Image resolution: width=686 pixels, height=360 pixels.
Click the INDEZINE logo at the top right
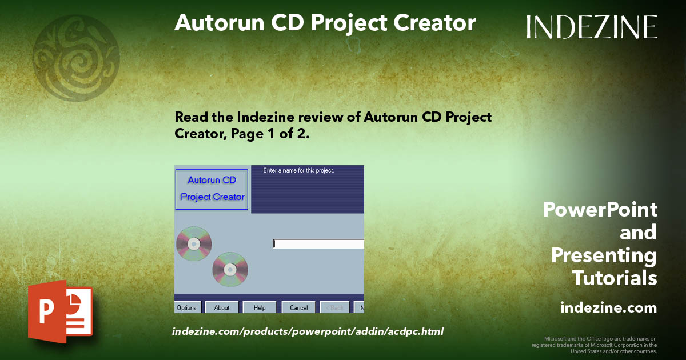(x=592, y=27)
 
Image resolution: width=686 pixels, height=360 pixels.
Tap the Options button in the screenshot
(x=187, y=307)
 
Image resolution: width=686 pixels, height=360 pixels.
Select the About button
(x=222, y=307)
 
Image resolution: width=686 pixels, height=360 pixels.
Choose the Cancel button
(x=298, y=307)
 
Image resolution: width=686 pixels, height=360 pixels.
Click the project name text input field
(x=318, y=244)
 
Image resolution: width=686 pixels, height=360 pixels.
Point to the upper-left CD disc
(x=194, y=244)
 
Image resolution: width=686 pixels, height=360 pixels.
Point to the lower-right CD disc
(x=230, y=269)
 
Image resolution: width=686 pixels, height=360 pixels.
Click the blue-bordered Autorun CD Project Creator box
(x=212, y=189)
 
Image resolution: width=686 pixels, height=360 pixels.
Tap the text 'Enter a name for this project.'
(x=298, y=170)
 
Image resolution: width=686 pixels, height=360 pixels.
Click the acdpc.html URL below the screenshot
(x=308, y=331)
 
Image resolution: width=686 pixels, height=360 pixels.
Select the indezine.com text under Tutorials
(x=608, y=308)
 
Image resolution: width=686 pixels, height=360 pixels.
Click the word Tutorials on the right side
(x=615, y=278)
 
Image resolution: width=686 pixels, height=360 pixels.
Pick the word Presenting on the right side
(x=604, y=255)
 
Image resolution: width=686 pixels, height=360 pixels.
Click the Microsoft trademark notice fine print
(x=594, y=345)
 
